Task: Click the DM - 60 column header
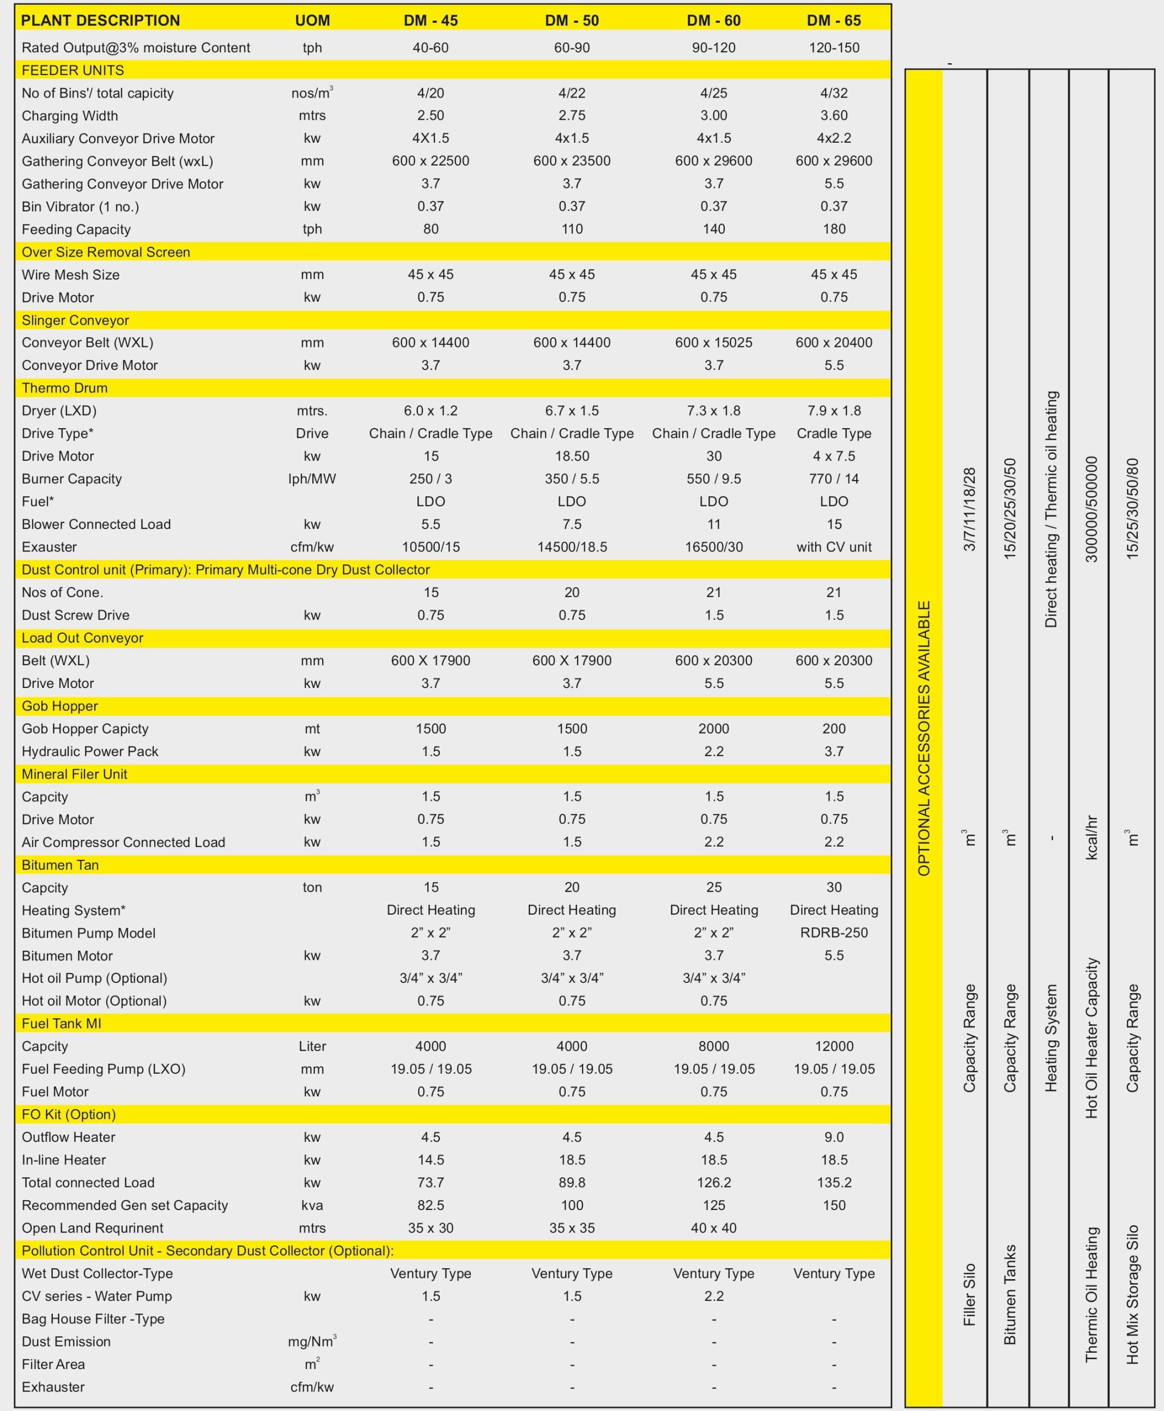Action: tap(713, 20)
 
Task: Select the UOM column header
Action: tap(312, 20)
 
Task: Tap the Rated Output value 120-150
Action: tap(833, 47)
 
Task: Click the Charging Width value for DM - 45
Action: tap(431, 115)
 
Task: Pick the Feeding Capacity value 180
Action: tap(833, 229)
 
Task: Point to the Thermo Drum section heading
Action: tap(64, 387)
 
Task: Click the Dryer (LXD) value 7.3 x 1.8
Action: tap(713, 410)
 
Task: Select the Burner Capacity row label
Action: tap(72, 479)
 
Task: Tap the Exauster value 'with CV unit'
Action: tap(833, 546)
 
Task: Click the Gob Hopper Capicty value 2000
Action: tap(713, 728)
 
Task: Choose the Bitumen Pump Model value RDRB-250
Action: tap(833, 932)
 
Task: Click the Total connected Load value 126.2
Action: tap(713, 1182)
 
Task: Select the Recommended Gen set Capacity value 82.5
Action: tap(431, 1205)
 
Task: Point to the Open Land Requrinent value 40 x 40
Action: tap(713, 1227)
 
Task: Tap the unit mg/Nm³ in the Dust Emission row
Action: tap(312, 1341)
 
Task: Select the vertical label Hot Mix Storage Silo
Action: tap(1132, 1294)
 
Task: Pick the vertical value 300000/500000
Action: tap(1092, 509)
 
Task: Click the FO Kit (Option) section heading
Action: tap(69, 1114)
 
